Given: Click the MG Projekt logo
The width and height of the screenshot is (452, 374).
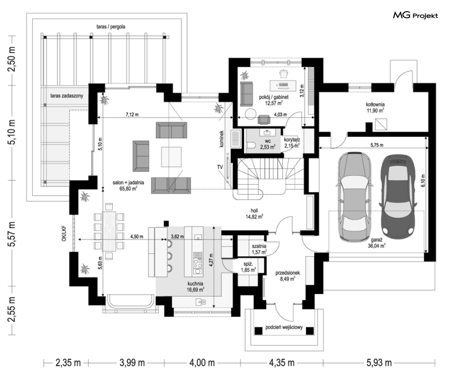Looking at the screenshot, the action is coord(415,15).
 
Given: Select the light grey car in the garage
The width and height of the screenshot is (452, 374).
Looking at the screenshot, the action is coord(355,196).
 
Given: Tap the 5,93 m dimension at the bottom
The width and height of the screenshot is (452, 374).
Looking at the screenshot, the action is coord(379,362).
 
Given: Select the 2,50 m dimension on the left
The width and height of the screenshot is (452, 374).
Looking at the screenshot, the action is coord(12,61).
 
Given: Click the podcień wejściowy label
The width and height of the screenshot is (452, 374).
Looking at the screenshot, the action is coord(284,327).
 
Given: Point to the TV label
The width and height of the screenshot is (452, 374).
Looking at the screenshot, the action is coord(220,167).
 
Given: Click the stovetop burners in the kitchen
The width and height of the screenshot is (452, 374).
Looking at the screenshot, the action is coord(198,263).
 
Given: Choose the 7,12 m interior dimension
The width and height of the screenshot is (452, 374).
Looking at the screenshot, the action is coord(132,114).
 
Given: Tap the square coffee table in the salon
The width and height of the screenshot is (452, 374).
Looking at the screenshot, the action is coord(171,157).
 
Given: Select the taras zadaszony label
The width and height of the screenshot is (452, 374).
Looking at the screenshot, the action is coord(67,96).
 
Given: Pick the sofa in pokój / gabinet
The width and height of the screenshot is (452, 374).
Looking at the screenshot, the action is coord(247,94).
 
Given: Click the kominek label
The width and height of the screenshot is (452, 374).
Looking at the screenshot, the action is coord(221,139).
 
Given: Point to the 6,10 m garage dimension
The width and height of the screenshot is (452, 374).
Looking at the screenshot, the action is coord(423,181).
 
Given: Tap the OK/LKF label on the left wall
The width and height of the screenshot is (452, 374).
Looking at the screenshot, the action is coord(64,234).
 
